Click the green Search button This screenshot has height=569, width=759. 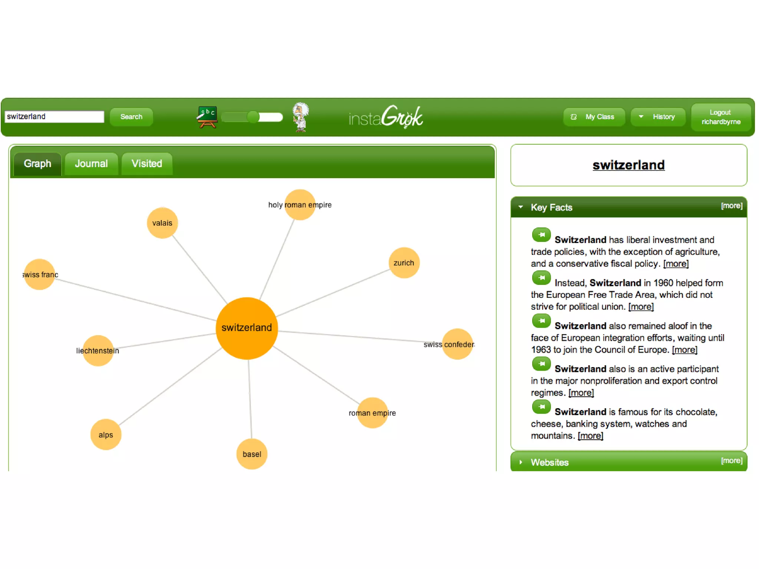point(131,117)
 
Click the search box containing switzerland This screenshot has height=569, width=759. point(54,117)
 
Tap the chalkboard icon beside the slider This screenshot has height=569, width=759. point(207,117)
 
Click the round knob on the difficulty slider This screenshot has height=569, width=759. point(253,117)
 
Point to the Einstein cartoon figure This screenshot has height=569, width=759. point(301,117)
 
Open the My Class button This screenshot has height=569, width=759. point(594,117)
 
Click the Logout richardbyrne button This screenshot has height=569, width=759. point(721,117)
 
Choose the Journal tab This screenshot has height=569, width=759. point(91,164)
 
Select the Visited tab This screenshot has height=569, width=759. point(147,164)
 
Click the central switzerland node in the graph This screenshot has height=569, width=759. point(247,328)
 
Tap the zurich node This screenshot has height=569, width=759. point(404,263)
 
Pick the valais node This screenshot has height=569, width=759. point(162,223)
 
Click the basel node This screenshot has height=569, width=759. point(252,454)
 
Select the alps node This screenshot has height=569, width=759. point(106,435)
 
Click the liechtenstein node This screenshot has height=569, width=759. point(98,350)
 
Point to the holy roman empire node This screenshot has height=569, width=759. point(300,205)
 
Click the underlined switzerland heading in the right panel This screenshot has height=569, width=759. point(629,165)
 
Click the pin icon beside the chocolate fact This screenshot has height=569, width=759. point(541,407)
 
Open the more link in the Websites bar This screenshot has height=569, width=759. point(732,460)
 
